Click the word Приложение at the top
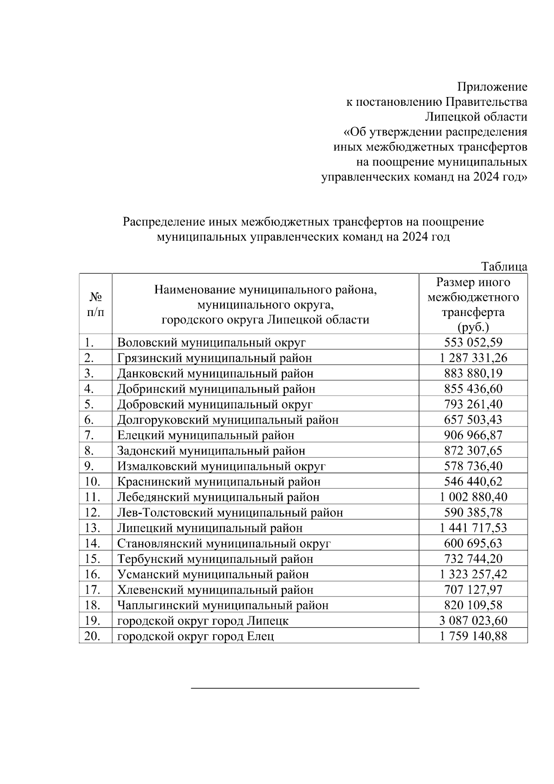tap(492, 87)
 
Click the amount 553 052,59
tap(473, 342)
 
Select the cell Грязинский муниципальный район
tap(214, 358)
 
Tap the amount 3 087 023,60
tap(473, 620)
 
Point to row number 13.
tap(93, 528)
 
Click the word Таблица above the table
tap(504, 267)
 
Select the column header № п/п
tap(95, 304)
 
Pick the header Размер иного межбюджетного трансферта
tap(473, 304)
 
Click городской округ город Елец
tap(195, 636)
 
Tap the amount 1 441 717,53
tap(473, 528)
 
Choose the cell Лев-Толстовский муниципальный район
tap(230, 512)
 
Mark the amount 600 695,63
tap(473, 543)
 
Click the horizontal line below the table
tap(305, 688)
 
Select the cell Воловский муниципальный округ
tap(211, 342)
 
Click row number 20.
tap(93, 636)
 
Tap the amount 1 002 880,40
tap(473, 497)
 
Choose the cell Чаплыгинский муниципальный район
tap(223, 605)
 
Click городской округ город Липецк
tap(203, 620)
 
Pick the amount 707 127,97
tap(473, 590)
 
